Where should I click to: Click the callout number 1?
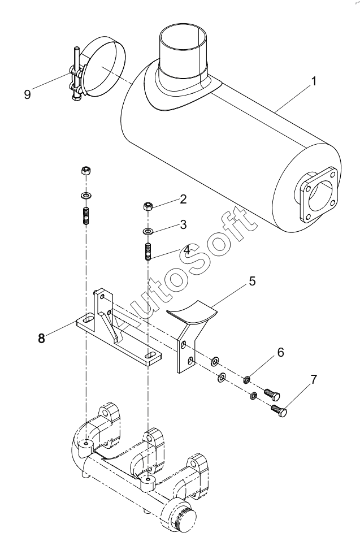point(314,81)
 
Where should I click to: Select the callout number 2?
point(183,199)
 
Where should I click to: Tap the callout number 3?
point(183,224)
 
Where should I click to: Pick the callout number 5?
point(253,281)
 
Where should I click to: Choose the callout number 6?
point(280,352)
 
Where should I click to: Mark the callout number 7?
point(314,379)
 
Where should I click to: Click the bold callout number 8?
point(42,338)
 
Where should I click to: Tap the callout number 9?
point(27,94)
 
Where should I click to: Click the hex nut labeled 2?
point(148,206)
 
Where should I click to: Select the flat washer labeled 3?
point(148,231)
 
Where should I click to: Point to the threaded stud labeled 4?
point(148,252)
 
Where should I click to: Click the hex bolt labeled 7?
point(279,410)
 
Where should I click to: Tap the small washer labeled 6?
point(247,379)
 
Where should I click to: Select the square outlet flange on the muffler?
point(319,194)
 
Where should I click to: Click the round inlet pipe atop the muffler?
point(183,53)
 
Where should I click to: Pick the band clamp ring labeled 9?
point(104,67)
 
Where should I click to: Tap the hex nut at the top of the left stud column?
point(86,171)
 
